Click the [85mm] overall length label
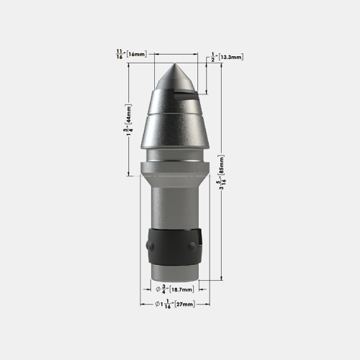pos(230,173)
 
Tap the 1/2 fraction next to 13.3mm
pos(214,55)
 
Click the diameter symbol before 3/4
pos(158,289)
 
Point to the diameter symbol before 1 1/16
pos(158,305)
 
